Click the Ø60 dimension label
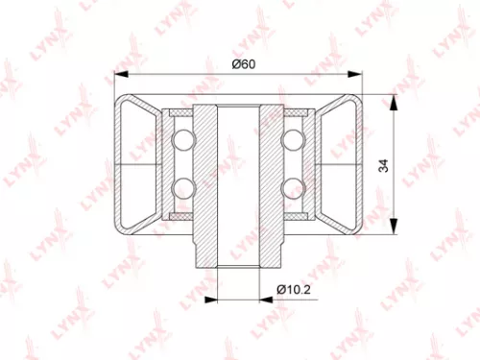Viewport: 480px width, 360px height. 242,63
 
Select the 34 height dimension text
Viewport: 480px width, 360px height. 383,166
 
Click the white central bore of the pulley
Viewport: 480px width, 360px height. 239,182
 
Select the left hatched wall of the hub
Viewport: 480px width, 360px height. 206,182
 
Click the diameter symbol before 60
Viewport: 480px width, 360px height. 234,63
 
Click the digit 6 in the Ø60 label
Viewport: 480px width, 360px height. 243,63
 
